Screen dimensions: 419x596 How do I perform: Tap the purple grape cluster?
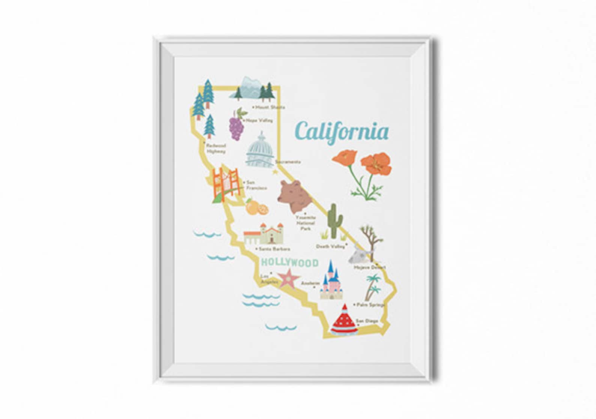237,126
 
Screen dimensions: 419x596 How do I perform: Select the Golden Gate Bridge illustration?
226,185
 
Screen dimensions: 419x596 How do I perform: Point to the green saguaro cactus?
333,222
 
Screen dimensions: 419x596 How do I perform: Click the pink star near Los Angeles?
288,278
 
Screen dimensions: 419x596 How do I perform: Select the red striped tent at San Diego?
343,320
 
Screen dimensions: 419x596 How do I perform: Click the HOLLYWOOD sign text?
289,262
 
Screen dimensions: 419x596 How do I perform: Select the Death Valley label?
330,246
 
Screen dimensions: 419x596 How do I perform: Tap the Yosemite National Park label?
306,223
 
